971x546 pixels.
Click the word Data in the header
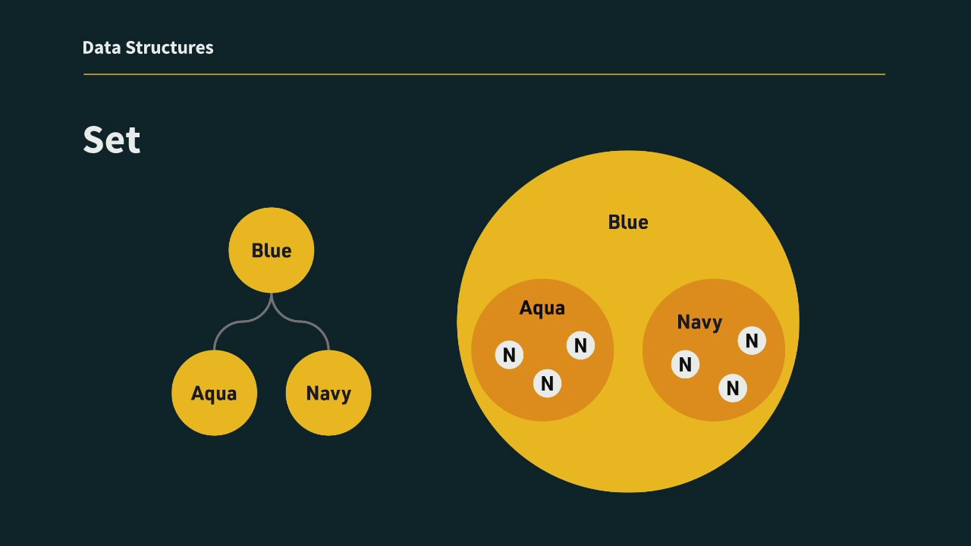pyautogui.click(x=102, y=48)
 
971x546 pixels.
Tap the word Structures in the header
pyautogui.click(x=169, y=48)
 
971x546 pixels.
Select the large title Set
pyautogui.click(x=112, y=140)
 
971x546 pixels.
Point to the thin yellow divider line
pyautogui.click(x=484, y=74)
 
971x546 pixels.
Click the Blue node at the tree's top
pyautogui.click(x=272, y=250)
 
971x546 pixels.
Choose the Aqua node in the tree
pyautogui.click(x=214, y=393)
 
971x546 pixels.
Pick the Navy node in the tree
pyautogui.click(x=328, y=393)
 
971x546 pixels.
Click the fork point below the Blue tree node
pyautogui.click(x=272, y=296)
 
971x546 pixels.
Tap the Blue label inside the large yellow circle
pyautogui.click(x=628, y=222)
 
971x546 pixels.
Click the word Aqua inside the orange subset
pyautogui.click(x=542, y=309)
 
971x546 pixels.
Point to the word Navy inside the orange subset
pyautogui.click(x=699, y=322)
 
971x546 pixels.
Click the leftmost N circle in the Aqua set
pyautogui.click(x=509, y=355)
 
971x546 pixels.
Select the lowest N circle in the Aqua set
pyautogui.click(x=548, y=383)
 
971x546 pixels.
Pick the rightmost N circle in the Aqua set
pyautogui.click(x=580, y=345)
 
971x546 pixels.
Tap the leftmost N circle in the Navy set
pyautogui.click(x=685, y=364)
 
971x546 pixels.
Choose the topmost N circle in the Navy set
pyautogui.click(x=752, y=340)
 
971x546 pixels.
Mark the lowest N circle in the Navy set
pyautogui.click(x=733, y=388)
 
